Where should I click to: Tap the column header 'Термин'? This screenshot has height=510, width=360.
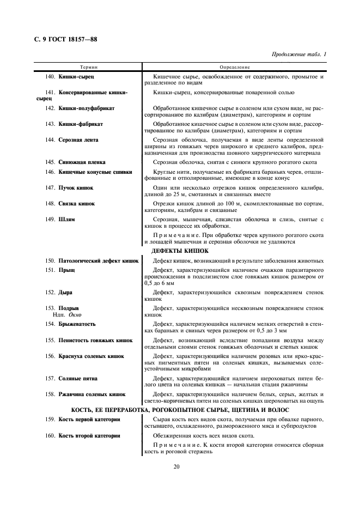pyautogui.click(x=88, y=66)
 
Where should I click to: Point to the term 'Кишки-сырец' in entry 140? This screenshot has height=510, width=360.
pyautogui.click(x=76, y=77)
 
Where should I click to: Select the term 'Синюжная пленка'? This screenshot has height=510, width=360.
pyautogui.click(x=82, y=162)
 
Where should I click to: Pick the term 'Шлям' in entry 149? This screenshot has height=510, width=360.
pyautogui.click(x=66, y=219)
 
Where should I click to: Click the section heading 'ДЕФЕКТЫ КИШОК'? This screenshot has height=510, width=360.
pyautogui.click(x=180, y=251)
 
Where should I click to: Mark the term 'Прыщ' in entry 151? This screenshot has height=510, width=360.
pyautogui.click(x=66, y=270)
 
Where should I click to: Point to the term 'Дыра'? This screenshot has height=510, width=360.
pyautogui.click(x=65, y=293)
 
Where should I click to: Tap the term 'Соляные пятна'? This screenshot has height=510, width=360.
pyautogui.click(x=79, y=378)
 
